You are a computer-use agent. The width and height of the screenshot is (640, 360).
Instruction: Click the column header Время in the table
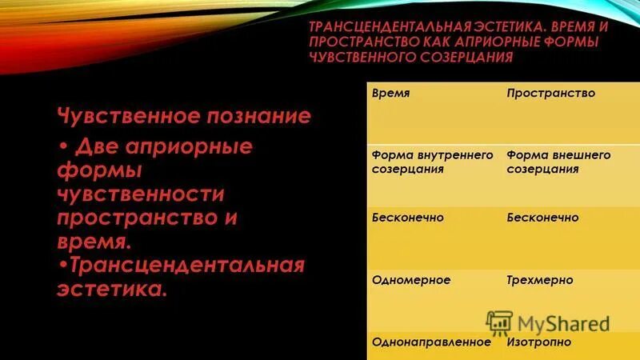point(391,94)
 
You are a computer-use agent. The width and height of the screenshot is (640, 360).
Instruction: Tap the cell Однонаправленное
point(430,342)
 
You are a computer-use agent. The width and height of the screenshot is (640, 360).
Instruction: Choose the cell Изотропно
point(538,342)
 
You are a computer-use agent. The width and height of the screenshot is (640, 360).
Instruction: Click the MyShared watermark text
point(563,324)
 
